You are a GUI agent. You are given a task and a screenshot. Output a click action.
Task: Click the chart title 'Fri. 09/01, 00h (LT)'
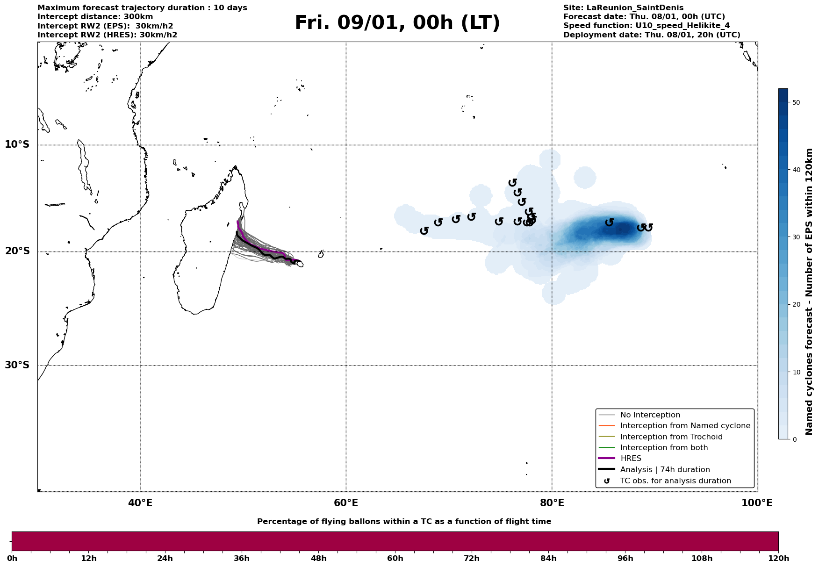pyautogui.click(x=397, y=23)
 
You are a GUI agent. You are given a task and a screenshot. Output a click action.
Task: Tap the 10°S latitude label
pyautogui.click(x=17, y=144)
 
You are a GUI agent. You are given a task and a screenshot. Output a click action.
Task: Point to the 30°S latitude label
pyautogui.click(x=17, y=365)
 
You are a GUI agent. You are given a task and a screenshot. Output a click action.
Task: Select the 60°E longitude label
pyautogui.click(x=346, y=503)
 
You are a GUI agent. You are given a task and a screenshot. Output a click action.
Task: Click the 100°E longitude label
pyautogui.click(x=757, y=503)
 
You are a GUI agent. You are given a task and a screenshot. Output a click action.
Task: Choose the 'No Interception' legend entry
pyautogui.click(x=650, y=415)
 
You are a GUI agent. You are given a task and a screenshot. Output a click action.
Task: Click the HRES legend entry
pyautogui.click(x=631, y=459)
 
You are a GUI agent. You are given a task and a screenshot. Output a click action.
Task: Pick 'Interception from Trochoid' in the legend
pyautogui.click(x=671, y=437)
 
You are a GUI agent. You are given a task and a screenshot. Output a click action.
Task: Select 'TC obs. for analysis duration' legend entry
pyautogui.click(x=675, y=481)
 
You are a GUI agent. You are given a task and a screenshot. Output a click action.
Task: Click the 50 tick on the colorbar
pyautogui.click(x=797, y=102)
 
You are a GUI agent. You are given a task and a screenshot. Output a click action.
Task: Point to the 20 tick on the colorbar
pyautogui.click(x=797, y=305)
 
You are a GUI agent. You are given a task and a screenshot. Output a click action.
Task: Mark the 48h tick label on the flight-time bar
pyautogui.click(x=318, y=559)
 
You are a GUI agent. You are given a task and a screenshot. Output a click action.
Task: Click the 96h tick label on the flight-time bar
pyautogui.click(x=625, y=559)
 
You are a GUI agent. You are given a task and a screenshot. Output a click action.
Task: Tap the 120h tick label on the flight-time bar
pyautogui.click(x=778, y=559)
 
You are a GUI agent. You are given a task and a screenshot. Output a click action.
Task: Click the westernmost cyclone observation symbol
pyautogui.click(x=424, y=230)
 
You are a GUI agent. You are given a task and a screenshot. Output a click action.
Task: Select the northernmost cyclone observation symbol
pyautogui.click(x=512, y=182)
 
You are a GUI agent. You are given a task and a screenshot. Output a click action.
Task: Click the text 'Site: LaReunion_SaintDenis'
pyautogui.click(x=623, y=8)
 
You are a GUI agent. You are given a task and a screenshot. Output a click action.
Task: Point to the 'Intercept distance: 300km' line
pyautogui.click(x=95, y=17)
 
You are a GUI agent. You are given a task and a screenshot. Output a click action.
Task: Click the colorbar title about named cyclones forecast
pyautogui.click(x=810, y=292)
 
